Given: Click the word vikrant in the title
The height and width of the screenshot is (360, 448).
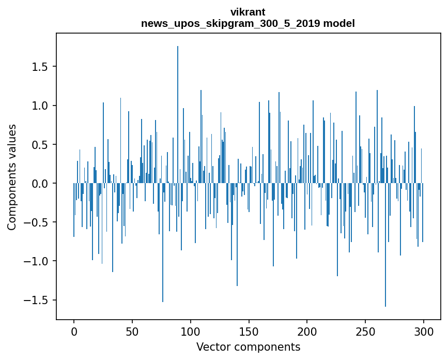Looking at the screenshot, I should tap(248, 12).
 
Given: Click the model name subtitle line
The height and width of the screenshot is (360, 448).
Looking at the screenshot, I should tap(248, 23).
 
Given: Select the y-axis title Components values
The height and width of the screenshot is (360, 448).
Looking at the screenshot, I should tap(12, 177).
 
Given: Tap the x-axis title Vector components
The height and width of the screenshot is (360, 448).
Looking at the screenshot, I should tap(248, 347).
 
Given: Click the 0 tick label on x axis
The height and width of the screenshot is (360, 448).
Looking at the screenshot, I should tap(74, 331).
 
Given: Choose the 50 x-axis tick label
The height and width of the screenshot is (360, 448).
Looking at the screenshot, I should tap(132, 331).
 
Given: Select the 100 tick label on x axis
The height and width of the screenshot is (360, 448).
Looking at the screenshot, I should tap(191, 331).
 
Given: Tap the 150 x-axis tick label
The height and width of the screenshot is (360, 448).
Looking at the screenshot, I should tap(249, 331).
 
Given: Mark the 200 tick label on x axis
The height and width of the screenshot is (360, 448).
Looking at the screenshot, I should tap(307, 331).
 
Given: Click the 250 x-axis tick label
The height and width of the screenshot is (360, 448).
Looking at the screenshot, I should tap(365, 331).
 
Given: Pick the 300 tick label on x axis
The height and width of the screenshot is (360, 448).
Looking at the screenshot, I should tap(423, 331).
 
